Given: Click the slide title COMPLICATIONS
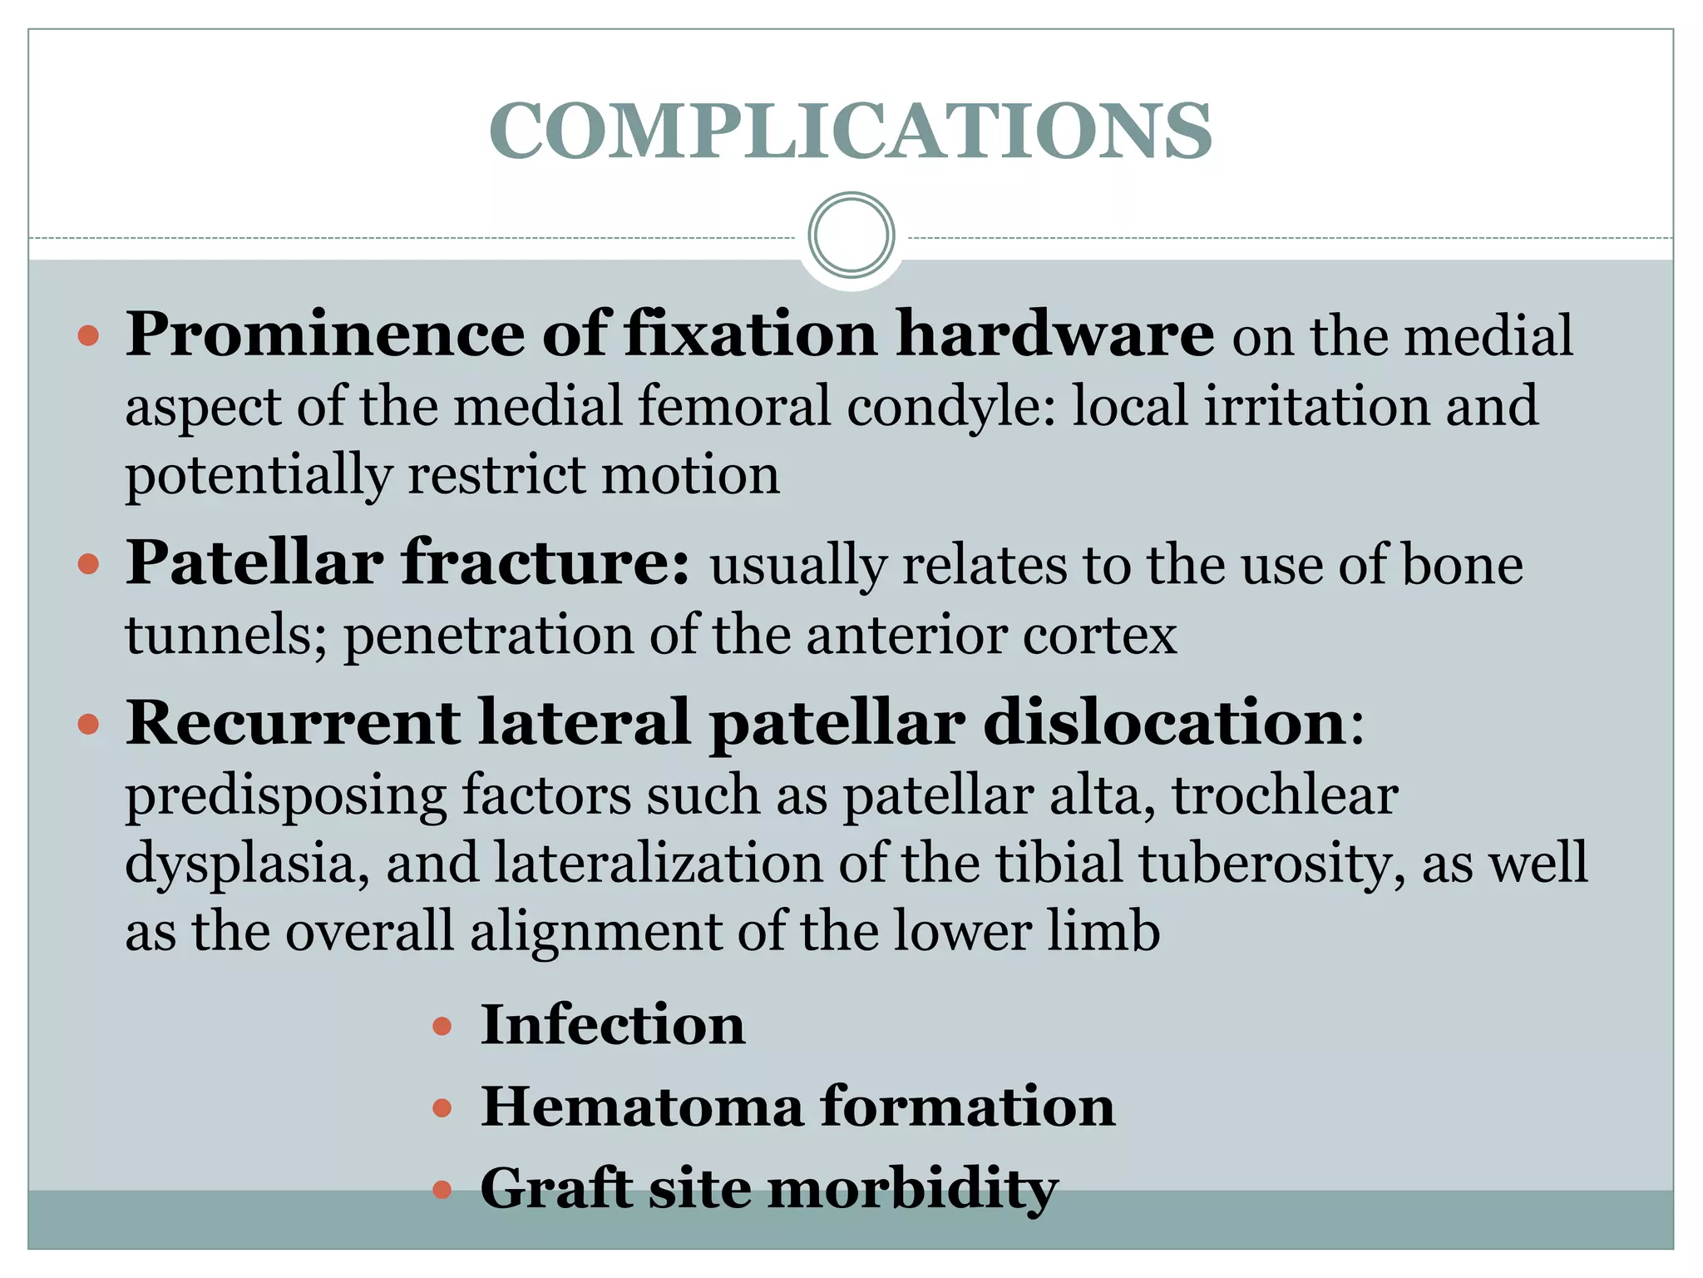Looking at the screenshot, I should [850, 131].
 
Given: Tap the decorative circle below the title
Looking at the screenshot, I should [851, 235].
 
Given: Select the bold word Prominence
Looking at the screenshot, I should [325, 334].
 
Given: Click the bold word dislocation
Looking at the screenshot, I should [1164, 722].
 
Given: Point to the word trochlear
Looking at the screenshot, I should [1285, 795].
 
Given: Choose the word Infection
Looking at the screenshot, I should [613, 1024].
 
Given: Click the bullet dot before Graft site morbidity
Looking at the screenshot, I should [442, 1189].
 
